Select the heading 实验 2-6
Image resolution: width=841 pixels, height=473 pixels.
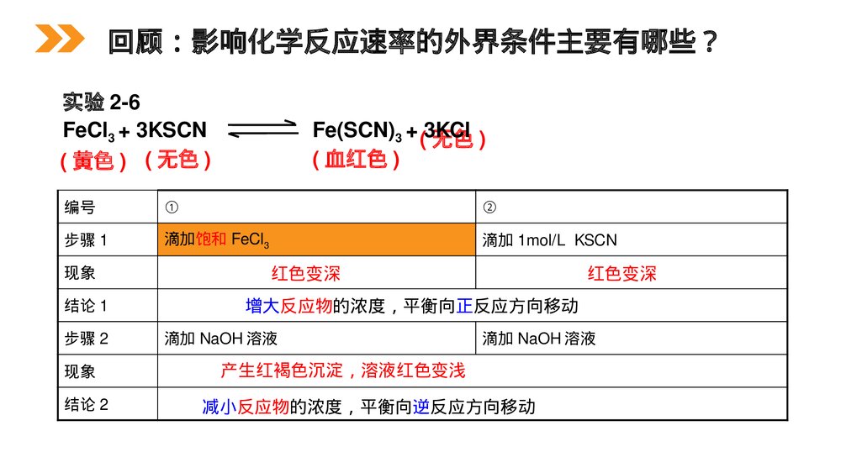[x=101, y=102]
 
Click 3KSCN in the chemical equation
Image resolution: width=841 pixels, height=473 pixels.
[x=171, y=130]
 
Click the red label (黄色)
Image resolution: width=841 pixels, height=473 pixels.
[x=94, y=160]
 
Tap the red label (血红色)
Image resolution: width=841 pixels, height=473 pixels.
[x=356, y=159]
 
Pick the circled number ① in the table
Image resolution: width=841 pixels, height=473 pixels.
[x=171, y=208]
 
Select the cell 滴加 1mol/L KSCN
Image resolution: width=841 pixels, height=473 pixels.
[x=549, y=240]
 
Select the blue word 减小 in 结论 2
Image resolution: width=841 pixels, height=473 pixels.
[x=220, y=407]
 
